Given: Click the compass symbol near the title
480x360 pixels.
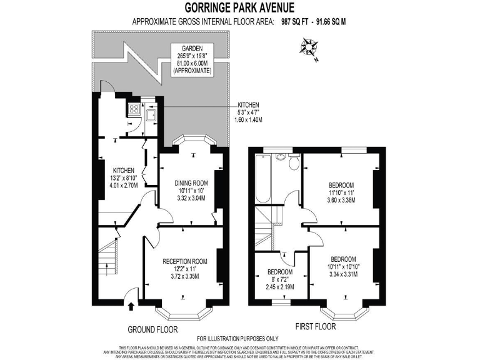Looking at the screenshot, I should (308, 48).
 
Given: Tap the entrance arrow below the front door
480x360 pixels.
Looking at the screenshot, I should (131, 306).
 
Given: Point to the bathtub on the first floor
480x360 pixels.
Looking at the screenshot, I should (263, 179).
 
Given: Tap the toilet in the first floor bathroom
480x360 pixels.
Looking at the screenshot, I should (294, 162).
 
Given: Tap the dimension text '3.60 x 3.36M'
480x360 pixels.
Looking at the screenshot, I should (342, 201).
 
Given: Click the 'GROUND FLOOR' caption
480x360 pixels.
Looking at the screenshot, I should (152, 329).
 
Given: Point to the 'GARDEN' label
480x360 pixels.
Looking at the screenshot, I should (192, 48).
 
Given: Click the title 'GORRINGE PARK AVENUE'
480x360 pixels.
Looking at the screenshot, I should (239, 7).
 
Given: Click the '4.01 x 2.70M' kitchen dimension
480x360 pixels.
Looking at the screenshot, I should (123, 185).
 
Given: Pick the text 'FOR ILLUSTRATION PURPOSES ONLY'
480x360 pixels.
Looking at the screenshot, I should (239, 339).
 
